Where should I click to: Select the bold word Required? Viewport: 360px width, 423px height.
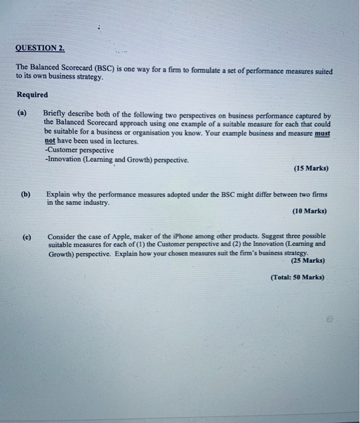coord(32,95)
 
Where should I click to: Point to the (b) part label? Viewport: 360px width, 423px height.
coord(25,195)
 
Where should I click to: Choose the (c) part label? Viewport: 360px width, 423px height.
coord(27,236)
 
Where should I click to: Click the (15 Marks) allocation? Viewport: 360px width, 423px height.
coord(311,169)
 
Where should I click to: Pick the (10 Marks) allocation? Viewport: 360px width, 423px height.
coord(309,211)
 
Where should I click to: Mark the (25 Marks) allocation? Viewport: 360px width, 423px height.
coord(307,260)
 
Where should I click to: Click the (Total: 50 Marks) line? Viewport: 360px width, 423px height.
coord(297,277)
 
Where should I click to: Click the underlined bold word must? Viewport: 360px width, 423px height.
coord(323,132)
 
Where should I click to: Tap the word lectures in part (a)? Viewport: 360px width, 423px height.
coord(124,141)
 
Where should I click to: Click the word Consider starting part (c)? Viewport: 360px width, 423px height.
coord(62,236)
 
